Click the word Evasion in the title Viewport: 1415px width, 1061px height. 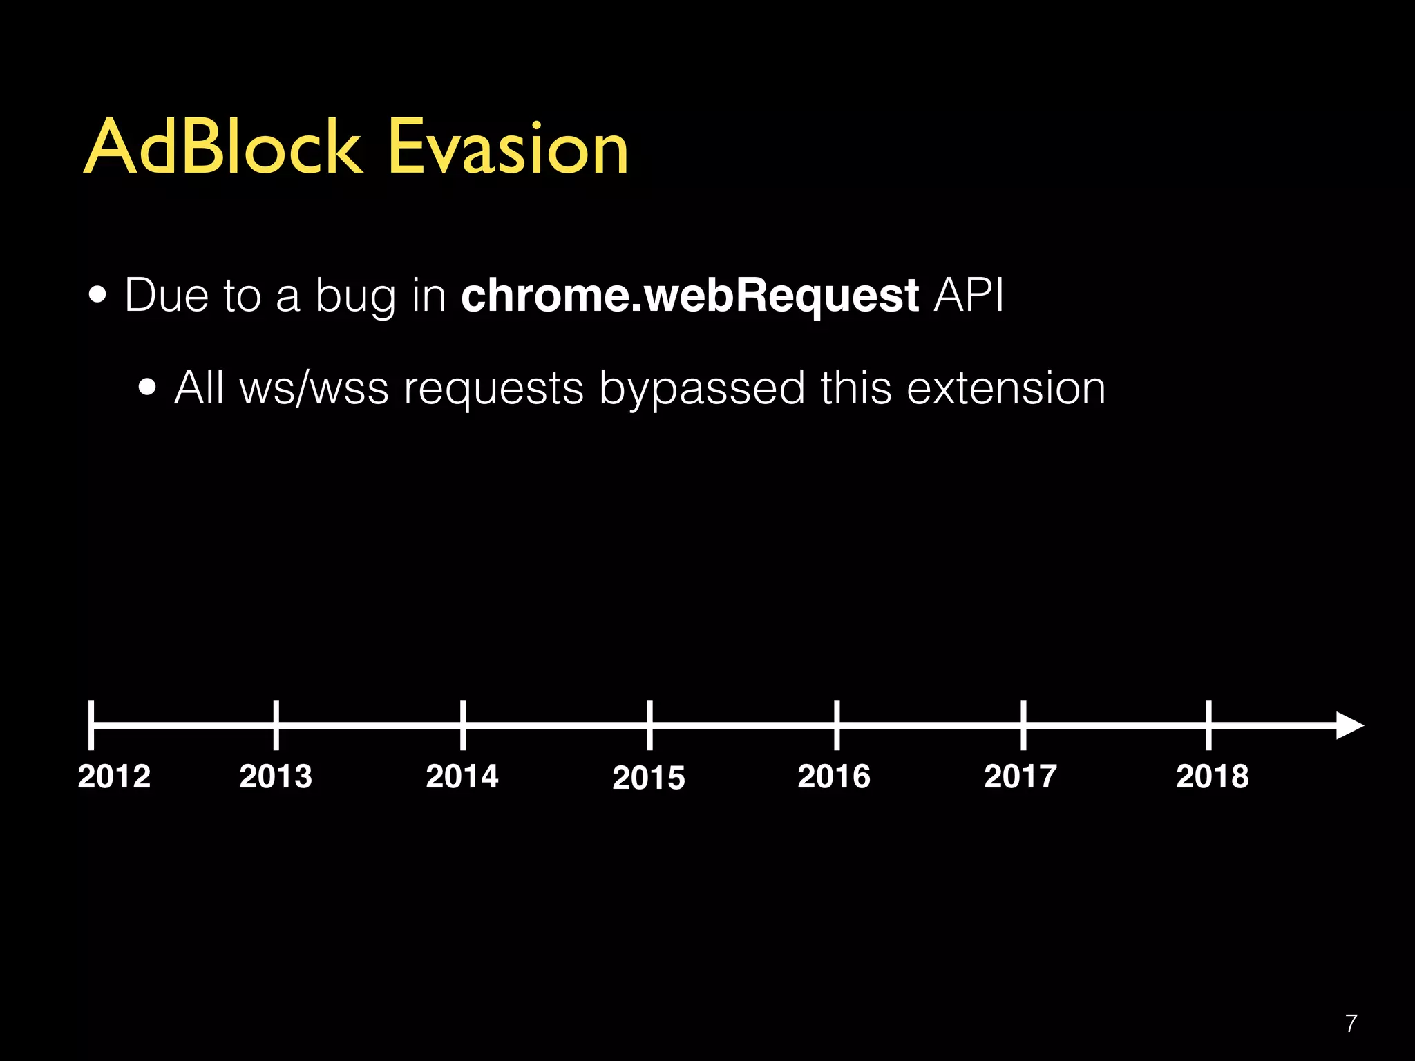tap(508, 147)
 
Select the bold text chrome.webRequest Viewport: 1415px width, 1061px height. tap(690, 296)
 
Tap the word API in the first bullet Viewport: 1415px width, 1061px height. tap(968, 296)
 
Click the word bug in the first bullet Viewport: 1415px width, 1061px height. tap(355, 297)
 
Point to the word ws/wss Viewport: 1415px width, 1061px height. tap(314, 388)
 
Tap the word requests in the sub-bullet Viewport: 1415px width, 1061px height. tap(493, 388)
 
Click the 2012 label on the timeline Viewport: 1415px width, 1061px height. tap(114, 776)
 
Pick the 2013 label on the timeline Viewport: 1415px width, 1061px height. tap(276, 776)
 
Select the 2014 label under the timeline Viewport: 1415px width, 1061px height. tap(462, 776)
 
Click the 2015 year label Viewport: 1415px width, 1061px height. tap(649, 778)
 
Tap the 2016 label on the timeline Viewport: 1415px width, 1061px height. tap(834, 776)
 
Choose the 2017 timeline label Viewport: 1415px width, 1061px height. tap(1020, 776)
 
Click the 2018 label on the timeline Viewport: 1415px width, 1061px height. tap(1213, 776)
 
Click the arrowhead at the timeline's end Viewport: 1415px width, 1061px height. tap(1349, 725)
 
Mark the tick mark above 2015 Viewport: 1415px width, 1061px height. tap(649, 725)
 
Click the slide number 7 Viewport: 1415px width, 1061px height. tap(1351, 1023)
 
